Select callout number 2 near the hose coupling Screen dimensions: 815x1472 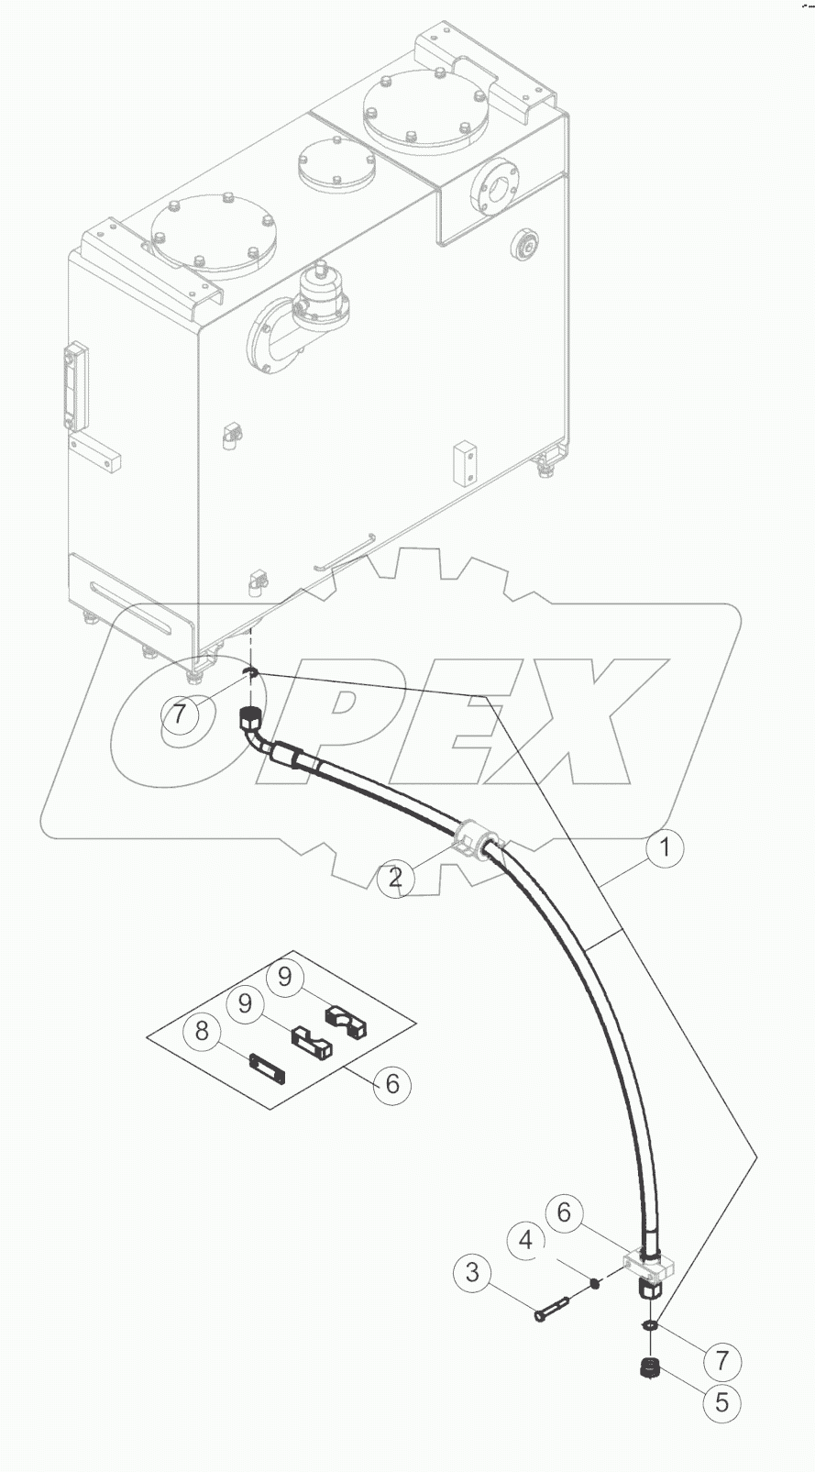pyautogui.click(x=395, y=878)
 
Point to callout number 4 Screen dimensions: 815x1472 pyautogui.click(x=526, y=1241)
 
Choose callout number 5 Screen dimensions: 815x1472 pyautogui.click(x=721, y=1401)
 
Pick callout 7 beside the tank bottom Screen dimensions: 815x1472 pyautogui.click(x=181, y=713)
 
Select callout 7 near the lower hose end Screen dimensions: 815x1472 pyautogui.click(x=721, y=1360)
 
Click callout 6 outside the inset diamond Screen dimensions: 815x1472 pyautogui.click(x=392, y=1084)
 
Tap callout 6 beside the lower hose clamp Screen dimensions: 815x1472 pyautogui.click(x=564, y=1213)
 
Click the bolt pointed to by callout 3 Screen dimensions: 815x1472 pyautogui.click(x=553, y=1307)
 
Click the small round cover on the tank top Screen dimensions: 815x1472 pyautogui.click(x=336, y=166)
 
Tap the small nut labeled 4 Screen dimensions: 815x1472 pyautogui.click(x=594, y=1283)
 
